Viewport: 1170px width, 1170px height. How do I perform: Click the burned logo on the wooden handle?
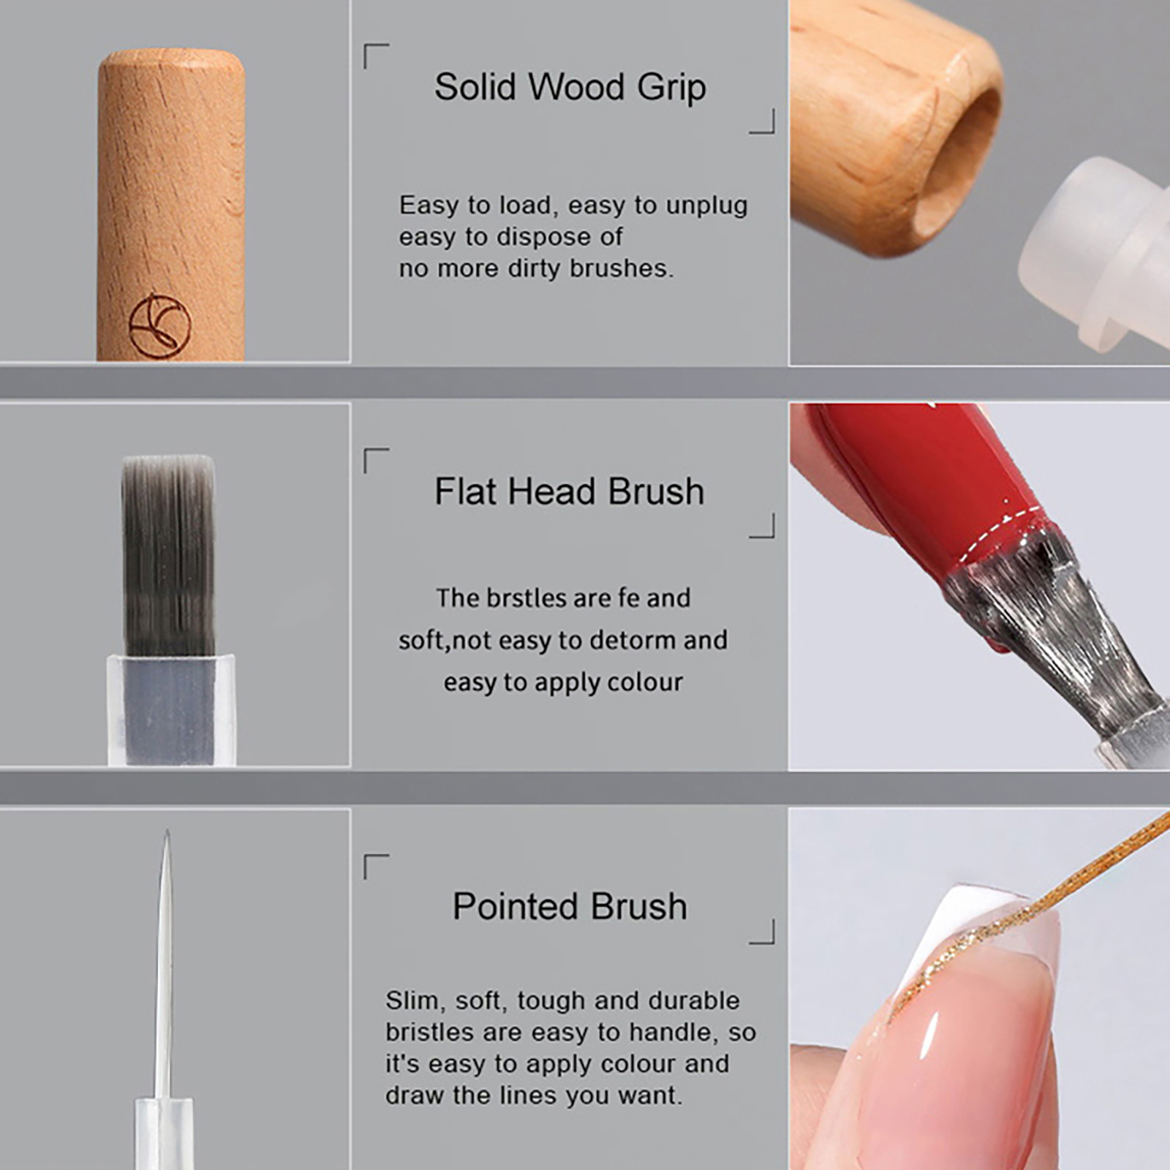pyautogui.click(x=160, y=326)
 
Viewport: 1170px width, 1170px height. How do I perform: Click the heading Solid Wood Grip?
pyautogui.click(x=570, y=87)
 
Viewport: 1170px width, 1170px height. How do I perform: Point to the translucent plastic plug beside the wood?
pyautogui.click(x=1097, y=252)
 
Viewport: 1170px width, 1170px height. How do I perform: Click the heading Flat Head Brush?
pyautogui.click(x=569, y=491)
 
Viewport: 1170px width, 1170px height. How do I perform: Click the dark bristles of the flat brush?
pyautogui.click(x=169, y=556)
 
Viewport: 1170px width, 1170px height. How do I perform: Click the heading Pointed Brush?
pyautogui.click(x=570, y=907)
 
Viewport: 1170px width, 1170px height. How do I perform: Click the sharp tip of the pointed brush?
pyautogui.click(x=167, y=831)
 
